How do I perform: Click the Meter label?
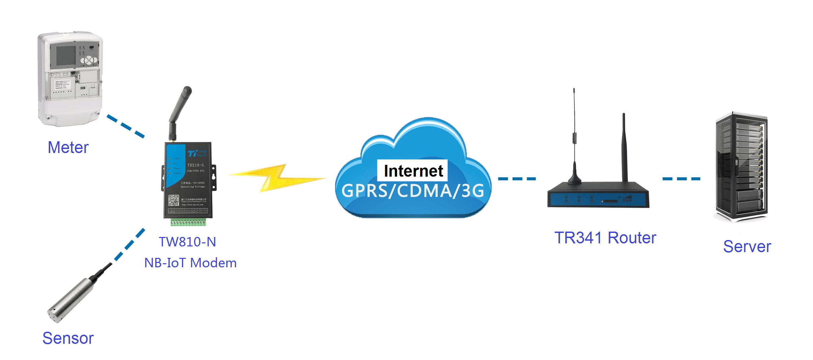(x=68, y=148)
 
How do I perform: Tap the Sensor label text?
(x=68, y=338)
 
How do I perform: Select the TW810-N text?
(x=187, y=242)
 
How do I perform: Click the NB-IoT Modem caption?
(x=190, y=263)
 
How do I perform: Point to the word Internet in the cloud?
(x=413, y=171)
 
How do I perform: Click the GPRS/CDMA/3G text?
(x=413, y=191)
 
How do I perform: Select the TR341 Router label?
(x=605, y=238)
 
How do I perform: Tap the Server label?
(x=747, y=246)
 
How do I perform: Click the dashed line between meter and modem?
(x=126, y=126)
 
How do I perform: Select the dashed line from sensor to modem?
(x=130, y=244)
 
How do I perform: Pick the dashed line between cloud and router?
(x=517, y=179)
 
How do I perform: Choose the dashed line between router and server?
(x=681, y=179)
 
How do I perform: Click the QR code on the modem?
(x=174, y=200)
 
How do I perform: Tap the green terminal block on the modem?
(x=188, y=222)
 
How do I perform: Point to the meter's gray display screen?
(x=66, y=56)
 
